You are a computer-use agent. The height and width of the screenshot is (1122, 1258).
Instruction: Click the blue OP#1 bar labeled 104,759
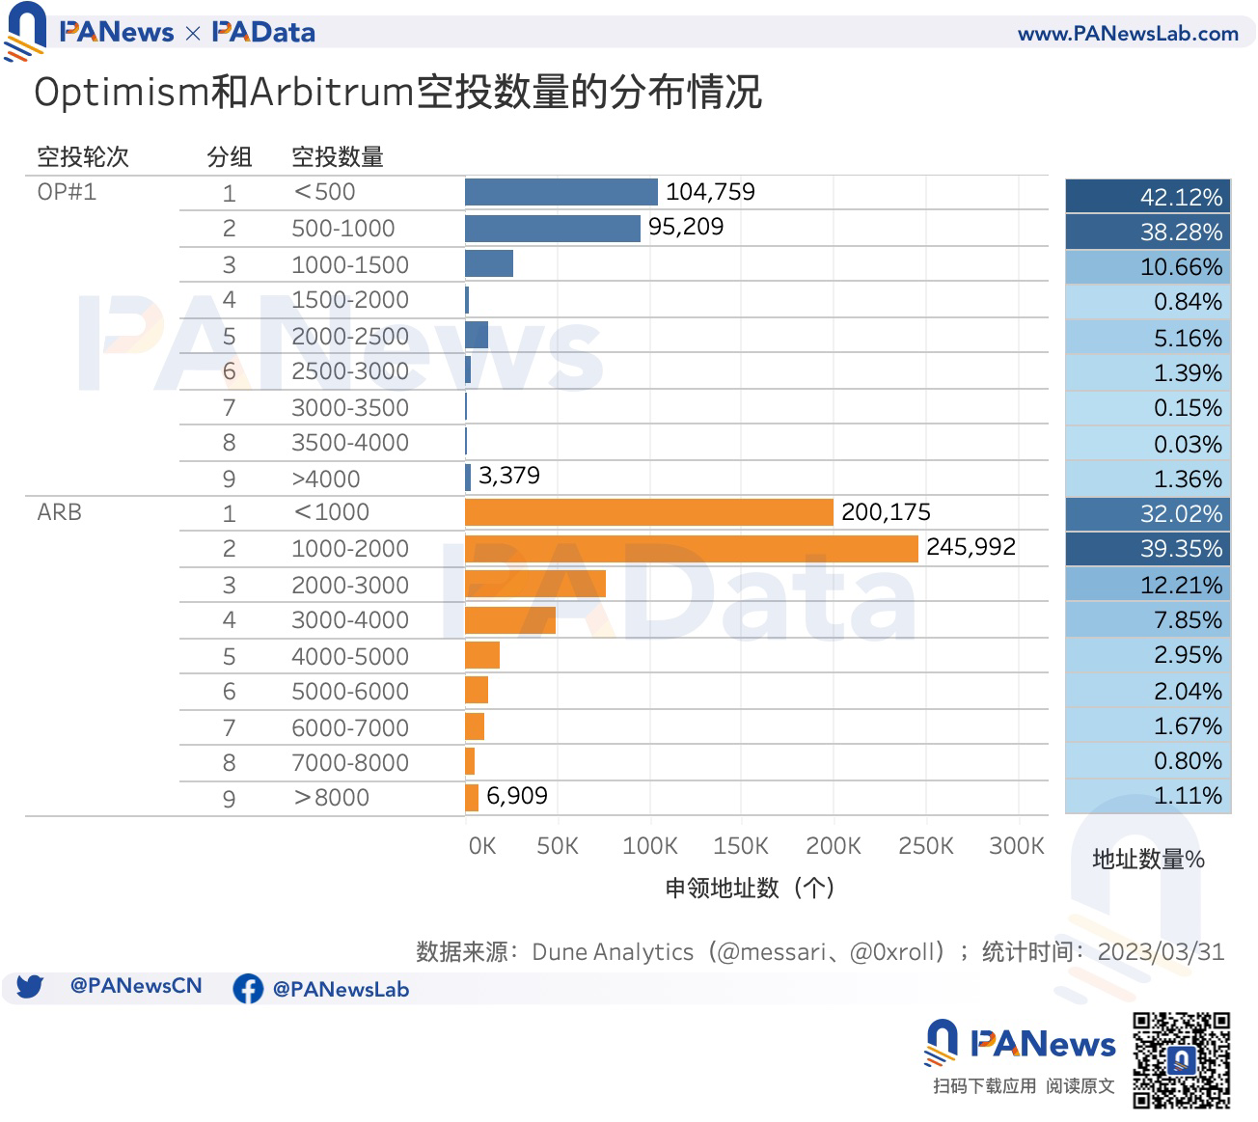(x=561, y=192)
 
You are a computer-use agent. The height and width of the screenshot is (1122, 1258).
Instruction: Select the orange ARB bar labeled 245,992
(x=691, y=548)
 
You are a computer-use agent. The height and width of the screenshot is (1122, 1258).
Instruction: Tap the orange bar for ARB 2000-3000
(x=534, y=585)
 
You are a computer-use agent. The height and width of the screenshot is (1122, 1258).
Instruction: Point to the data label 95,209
(x=685, y=227)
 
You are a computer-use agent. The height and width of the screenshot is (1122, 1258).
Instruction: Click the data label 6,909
(x=516, y=796)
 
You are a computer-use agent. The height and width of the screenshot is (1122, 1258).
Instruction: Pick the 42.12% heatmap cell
(x=1148, y=197)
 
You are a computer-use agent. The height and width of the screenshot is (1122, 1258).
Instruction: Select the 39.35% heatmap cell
(x=1148, y=549)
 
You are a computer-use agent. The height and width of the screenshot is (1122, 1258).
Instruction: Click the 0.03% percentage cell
(x=1148, y=444)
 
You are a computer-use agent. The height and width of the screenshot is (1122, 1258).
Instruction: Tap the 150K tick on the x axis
(x=740, y=846)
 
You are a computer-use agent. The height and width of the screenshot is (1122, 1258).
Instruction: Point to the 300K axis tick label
(x=1016, y=846)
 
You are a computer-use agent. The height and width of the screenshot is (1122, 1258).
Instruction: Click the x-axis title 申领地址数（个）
(x=750, y=888)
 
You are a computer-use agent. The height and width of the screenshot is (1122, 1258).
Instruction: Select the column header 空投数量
(x=338, y=156)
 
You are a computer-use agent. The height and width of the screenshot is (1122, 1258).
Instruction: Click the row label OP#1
(x=67, y=192)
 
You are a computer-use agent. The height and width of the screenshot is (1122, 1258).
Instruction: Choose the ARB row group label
(x=59, y=512)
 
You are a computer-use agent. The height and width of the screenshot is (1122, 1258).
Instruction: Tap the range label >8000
(x=331, y=798)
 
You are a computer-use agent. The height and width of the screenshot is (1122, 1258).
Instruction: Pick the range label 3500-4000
(x=349, y=443)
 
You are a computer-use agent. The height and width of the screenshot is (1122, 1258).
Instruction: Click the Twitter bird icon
(x=30, y=987)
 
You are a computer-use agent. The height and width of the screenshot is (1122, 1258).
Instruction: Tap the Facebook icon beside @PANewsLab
(x=248, y=989)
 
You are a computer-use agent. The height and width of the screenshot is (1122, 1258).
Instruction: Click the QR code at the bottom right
(x=1181, y=1059)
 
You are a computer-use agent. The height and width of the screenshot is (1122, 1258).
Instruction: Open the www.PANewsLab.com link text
(x=1127, y=34)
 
